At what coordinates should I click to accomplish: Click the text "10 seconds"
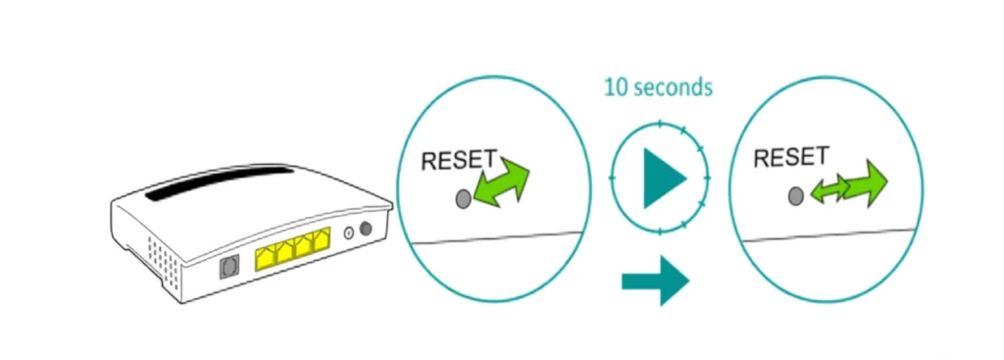[657, 87]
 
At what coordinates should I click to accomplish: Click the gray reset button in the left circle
[463, 199]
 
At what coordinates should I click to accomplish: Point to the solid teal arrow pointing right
[656, 283]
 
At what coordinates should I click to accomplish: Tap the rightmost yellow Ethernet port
[321, 244]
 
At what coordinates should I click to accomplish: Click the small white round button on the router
[349, 234]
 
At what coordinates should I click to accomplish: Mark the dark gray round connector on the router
[368, 231]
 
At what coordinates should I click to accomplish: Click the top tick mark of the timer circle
[660, 124]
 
